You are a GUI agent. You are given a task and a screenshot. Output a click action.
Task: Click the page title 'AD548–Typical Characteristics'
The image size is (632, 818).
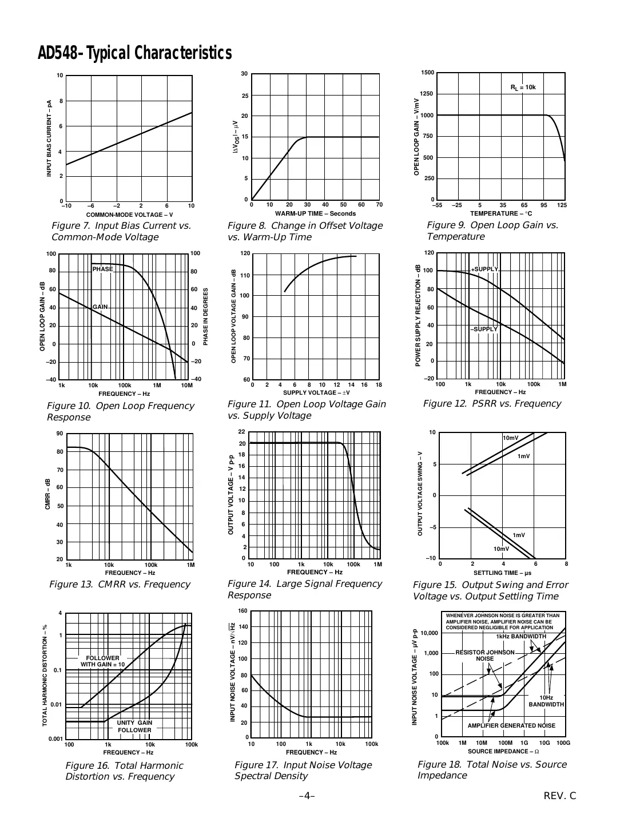click(x=135, y=53)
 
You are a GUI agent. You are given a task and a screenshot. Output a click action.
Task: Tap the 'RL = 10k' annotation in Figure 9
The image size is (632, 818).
click(x=523, y=88)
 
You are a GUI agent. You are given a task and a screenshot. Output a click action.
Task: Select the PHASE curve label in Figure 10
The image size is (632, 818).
click(x=103, y=269)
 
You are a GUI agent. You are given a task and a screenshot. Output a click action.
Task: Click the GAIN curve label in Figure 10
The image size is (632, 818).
click(x=100, y=307)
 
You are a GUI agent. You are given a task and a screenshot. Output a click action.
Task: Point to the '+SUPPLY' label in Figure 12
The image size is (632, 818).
click(x=484, y=269)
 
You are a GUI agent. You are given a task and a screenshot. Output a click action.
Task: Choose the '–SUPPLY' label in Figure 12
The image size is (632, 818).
click(x=484, y=329)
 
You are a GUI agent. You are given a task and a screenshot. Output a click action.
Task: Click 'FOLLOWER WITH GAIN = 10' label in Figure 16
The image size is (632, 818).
click(x=102, y=661)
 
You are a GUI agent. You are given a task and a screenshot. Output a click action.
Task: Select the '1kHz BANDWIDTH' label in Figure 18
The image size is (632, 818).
click(x=520, y=636)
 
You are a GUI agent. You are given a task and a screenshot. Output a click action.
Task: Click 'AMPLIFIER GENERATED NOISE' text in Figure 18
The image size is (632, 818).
click(x=511, y=725)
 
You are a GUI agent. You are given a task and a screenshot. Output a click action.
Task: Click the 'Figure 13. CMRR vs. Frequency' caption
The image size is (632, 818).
click(x=120, y=584)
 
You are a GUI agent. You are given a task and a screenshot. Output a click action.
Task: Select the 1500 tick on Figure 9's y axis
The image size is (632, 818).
click(x=427, y=73)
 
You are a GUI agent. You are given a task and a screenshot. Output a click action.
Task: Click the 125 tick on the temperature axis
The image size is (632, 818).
click(x=561, y=205)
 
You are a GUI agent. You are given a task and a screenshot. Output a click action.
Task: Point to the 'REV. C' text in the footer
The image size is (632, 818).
click(x=561, y=796)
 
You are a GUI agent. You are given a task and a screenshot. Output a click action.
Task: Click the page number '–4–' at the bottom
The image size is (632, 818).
click(x=307, y=796)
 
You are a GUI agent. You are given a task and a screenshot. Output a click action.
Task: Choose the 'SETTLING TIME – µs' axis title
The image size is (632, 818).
click(x=503, y=573)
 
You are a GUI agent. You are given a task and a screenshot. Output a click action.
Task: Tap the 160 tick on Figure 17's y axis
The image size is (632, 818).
click(x=243, y=611)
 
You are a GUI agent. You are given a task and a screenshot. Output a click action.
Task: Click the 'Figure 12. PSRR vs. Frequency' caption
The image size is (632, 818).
click(x=492, y=404)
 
